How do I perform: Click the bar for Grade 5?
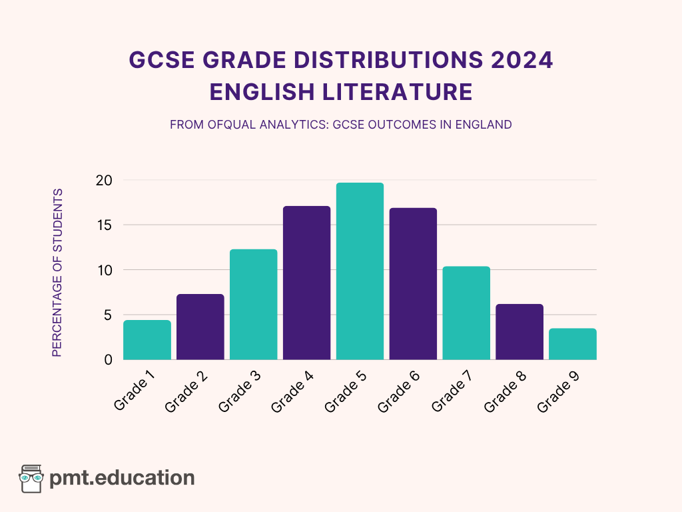(x=360, y=271)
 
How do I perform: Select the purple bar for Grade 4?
(x=306, y=283)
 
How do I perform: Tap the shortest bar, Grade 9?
(x=573, y=344)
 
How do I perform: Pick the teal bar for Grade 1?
(x=147, y=340)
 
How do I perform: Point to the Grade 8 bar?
(x=519, y=332)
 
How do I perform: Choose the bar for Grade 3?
(x=254, y=305)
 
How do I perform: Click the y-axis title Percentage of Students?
(x=57, y=272)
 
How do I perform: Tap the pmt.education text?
(x=122, y=478)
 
